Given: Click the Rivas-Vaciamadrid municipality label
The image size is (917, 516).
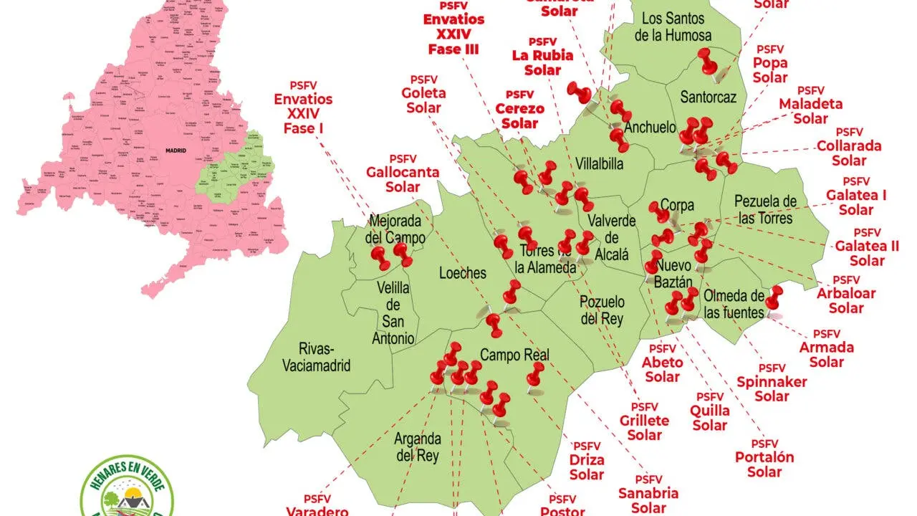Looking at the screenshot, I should tap(315, 357).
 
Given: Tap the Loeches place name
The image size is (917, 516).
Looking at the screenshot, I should tap(462, 273).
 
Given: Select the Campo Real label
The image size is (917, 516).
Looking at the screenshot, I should tap(514, 355).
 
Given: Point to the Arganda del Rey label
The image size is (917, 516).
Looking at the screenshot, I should tap(418, 446).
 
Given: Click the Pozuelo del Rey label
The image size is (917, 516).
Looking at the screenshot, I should tap(601, 310).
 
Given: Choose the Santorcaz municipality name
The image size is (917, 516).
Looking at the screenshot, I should tap(708, 97).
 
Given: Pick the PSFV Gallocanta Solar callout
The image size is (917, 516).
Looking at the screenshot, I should tap(403, 173).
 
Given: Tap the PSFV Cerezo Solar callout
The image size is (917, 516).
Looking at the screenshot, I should tap(519, 110).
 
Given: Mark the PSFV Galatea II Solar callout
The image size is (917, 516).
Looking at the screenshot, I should tap(867, 247).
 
